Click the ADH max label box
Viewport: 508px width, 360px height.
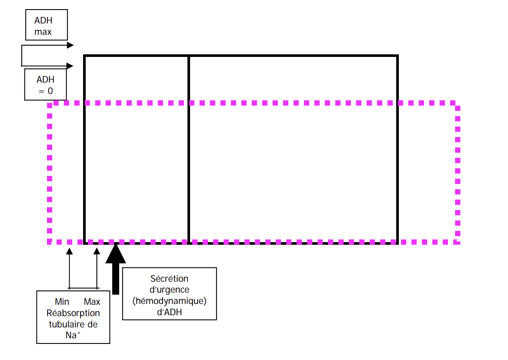click(46, 25)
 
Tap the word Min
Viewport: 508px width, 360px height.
click(62, 302)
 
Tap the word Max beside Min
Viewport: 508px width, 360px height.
click(92, 302)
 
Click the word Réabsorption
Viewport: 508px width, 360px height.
click(73, 313)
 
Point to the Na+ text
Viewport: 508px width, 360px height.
click(73, 335)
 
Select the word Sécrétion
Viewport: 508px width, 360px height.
click(170, 279)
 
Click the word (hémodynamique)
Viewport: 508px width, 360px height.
click(170, 301)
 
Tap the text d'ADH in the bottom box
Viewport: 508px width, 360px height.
click(170, 313)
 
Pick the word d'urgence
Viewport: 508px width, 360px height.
click(170, 290)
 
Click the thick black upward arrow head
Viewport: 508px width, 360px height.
click(116, 255)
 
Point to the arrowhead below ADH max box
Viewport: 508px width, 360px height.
click(70, 45)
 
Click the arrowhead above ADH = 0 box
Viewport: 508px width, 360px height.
click(70, 66)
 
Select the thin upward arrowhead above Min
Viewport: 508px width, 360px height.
click(69, 251)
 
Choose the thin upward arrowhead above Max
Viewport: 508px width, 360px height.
click(97, 251)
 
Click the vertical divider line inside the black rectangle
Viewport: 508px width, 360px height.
click(189, 148)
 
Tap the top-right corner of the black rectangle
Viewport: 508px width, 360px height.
click(397, 56)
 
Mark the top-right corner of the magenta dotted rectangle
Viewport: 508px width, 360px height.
click(458, 103)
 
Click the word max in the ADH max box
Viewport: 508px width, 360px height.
click(43, 32)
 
